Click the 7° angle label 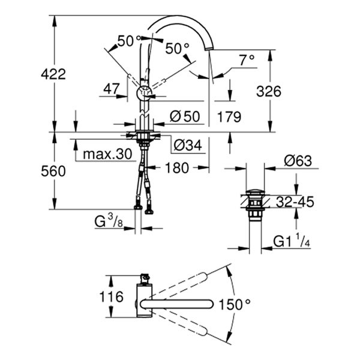click(x=247, y=59)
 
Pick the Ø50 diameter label click(x=183, y=117)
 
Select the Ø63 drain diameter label click(x=298, y=161)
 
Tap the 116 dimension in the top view click(x=110, y=296)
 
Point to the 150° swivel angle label click(x=234, y=304)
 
